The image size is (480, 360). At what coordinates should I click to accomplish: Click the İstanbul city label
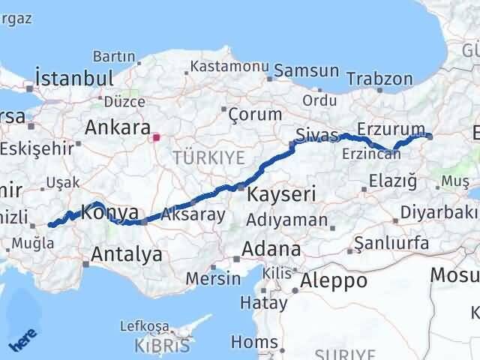pos(74,78)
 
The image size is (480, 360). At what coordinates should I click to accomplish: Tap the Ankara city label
pos(118,127)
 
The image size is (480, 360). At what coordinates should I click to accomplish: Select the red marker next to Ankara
pos(156,137)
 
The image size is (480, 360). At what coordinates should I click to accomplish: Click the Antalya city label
pos(126,254)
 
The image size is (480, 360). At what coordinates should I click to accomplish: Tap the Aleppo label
pos(334,281)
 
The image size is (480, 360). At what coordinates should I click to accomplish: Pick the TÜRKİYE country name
pos(198,157)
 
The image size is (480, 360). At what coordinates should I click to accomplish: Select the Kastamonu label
pos(229,66)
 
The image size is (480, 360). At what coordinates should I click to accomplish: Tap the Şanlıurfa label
pos(391,243)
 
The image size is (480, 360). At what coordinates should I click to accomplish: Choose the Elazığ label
pos(393,180)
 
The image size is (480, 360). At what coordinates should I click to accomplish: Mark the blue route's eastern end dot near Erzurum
pos(430,136)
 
